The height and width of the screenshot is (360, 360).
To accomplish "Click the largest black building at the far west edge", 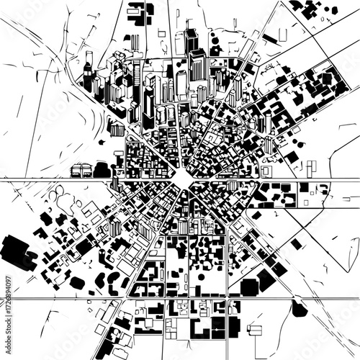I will [16, 253].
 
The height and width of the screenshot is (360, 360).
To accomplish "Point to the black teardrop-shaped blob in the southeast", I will [299, 309].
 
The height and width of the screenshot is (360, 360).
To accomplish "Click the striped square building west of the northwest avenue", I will [116, 130].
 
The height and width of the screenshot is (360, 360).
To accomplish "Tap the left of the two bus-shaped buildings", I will [77, 171].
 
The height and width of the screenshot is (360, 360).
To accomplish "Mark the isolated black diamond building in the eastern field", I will [296, 244].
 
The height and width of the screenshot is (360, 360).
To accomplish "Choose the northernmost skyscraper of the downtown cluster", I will [190, 36].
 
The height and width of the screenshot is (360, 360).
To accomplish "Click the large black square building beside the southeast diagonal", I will [249, 287].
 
